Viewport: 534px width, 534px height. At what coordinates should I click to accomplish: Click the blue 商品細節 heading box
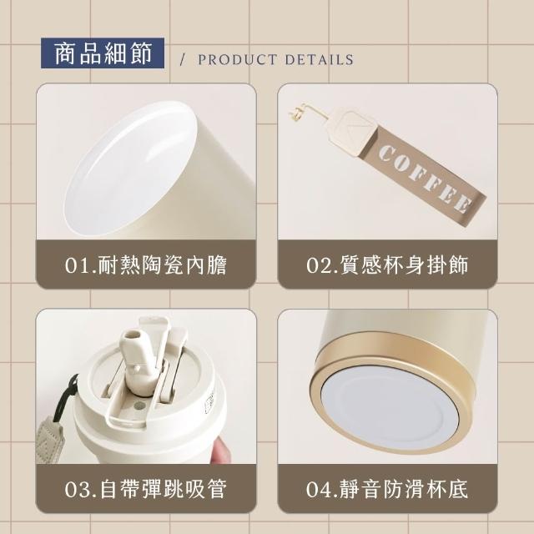pos(103,53)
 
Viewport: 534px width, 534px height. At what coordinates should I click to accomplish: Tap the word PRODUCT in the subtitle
pos(237,60)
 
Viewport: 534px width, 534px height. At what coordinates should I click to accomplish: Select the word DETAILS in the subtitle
pos(319,60)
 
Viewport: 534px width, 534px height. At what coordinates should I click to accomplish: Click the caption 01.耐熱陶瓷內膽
pos(146,264)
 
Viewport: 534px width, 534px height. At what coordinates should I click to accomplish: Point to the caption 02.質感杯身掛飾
pos(387,264)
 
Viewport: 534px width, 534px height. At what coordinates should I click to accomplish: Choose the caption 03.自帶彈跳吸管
pos(146,489)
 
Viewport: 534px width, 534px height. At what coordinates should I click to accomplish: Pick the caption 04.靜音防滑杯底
pos(387,489)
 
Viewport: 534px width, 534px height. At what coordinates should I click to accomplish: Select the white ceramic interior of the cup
pos(129,170)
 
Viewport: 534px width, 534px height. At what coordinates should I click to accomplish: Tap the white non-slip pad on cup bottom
pos(390,409)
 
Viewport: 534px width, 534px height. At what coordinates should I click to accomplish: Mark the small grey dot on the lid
pos(139,406)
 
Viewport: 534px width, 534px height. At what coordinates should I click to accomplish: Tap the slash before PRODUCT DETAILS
pos(183,60)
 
